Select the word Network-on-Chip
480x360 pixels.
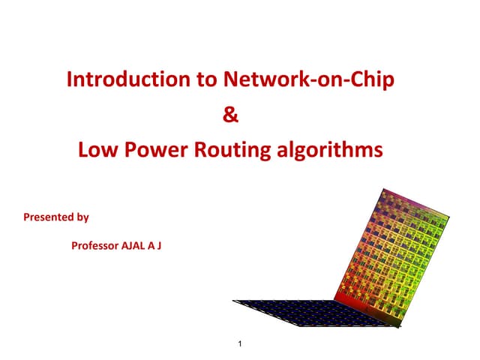[309, 79]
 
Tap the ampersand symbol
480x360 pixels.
[230, 114]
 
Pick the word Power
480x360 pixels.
[156, 150]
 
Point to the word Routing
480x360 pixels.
[232, 150]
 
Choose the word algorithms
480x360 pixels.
[330, 150]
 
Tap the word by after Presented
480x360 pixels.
[82, 217]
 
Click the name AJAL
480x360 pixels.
[133, 245]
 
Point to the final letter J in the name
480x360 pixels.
[159, 246]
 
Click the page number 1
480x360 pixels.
[240, 343]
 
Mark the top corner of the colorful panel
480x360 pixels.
[383, 188]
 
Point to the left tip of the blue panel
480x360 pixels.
[232, 300]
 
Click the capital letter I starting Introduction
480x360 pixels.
[69, 79]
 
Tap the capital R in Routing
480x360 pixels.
[200, 150]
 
